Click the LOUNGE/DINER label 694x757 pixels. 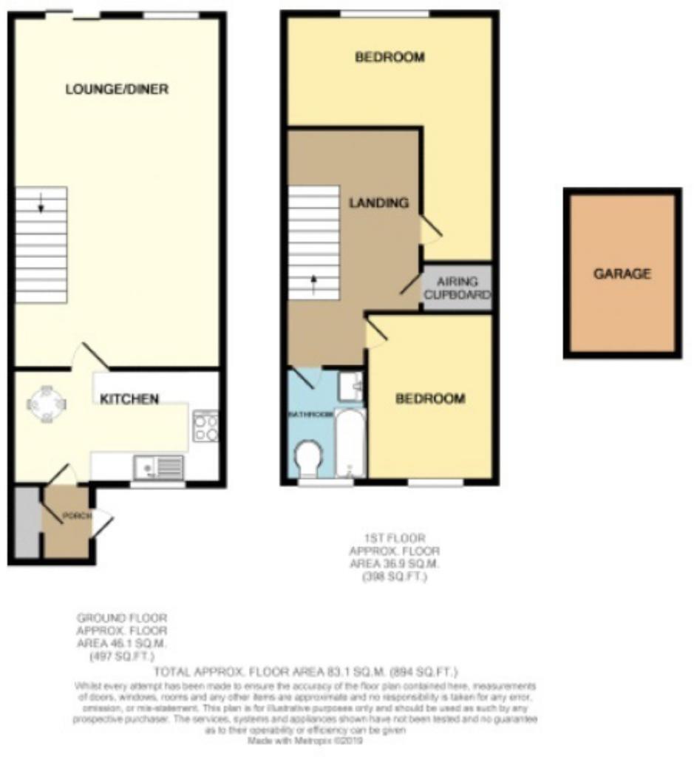pyautogui.click(x=117, y=89)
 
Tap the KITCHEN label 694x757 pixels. pyautogui.click(x=129, y=399)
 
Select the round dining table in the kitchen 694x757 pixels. pyautogui.click(x=47, y=404)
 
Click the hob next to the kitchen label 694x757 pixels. pyautogui.click(x=205, y=427)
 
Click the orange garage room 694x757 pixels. pyautogui.click(x=622, y=274)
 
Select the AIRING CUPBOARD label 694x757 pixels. pyautogui.click(x=457, y=288)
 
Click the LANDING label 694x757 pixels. pyautogui.click(x=379, y=203)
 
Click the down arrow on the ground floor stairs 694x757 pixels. pyautogui.click(x=41, y=206)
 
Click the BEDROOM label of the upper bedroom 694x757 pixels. pyautogui.click(x=389, y=57)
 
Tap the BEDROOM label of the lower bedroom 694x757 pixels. pyautogui.click(x=431, y=399)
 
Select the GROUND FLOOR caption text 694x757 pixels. pyautogui.click(x=122, y=617)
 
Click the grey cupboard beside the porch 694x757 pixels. pyautogui.click(x=27, y=523)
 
